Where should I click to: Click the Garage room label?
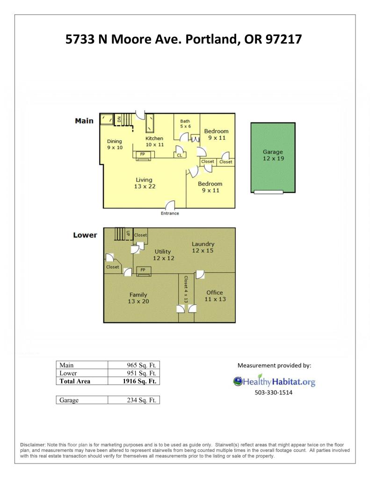point(273,155)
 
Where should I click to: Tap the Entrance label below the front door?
point(170,214)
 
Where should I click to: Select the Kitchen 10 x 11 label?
point(154,142)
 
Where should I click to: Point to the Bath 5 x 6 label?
point(185,123)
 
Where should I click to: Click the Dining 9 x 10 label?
point(115,144)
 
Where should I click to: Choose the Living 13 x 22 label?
point(145,183)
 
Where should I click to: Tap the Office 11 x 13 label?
point(215,296)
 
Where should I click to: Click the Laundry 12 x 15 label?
point(203,247)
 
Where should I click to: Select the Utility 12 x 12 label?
point(163,255)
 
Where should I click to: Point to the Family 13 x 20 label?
point(138,298)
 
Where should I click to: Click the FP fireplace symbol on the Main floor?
point(143,155)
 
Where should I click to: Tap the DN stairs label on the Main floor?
point(119,119)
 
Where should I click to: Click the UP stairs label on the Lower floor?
point(128,233)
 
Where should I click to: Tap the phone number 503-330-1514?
point(274,392)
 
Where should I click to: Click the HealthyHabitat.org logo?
point(274,381)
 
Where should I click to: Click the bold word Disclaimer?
point(33,445)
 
